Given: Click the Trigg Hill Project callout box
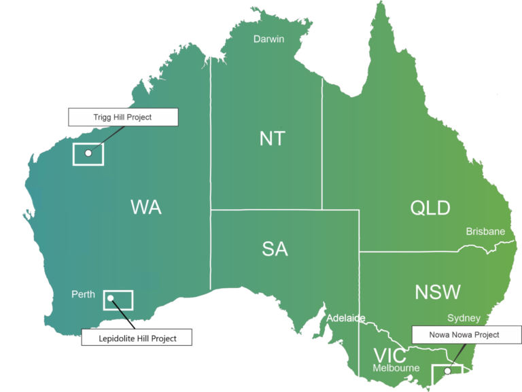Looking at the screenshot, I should coord(122,118).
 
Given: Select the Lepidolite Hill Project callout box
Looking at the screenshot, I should coord(137,338).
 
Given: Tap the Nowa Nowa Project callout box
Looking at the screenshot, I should coord(464,335).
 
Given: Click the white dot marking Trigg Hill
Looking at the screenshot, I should coord(88,154).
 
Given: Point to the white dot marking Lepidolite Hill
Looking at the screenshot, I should coord(110,298).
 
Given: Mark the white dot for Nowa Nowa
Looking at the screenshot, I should coord(447,371).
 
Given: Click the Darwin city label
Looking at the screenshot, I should coord(268,39).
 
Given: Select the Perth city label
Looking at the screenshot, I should coord(83,295).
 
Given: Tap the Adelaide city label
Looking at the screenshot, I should coord(346,318).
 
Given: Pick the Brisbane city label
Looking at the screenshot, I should coord(485,232).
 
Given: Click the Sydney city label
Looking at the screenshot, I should coord(464,318).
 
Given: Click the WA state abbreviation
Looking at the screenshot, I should coord(145,207).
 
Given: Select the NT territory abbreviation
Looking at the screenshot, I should coord(273,139).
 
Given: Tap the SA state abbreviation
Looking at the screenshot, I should coord(275,249).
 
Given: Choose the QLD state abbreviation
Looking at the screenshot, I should coord(430,208).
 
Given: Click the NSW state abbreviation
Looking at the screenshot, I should coord(438,292).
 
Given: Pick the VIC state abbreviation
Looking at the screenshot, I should coord(389,355).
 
